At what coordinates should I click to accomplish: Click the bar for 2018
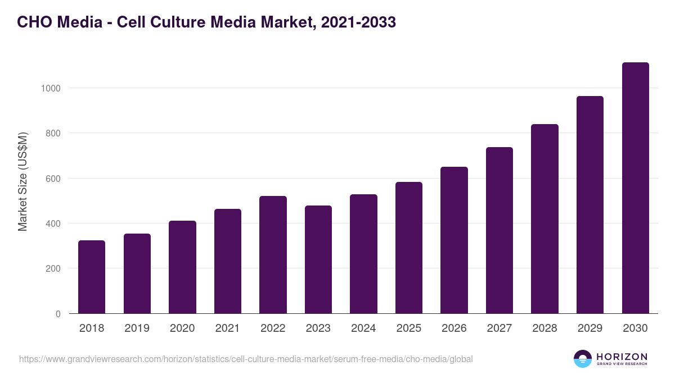click(x=92, y=277)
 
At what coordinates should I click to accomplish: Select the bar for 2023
click(x=318, y=259)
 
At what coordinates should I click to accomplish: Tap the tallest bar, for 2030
click(x=635, y=188)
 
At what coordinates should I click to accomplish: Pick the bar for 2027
click(x=499, y=230)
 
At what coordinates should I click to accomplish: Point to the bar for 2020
click(x=182, y=267)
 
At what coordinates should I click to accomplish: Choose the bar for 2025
click(x=409, y=248)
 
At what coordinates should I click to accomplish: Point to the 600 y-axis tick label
click(x=53, y=179)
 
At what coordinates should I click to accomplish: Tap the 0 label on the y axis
click(x=57, y=314)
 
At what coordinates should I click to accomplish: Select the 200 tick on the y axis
click(x=53, y=269)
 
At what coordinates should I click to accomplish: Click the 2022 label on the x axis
click(x=273, y=328)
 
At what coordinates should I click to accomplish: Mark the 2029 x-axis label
click(x=590, y=328)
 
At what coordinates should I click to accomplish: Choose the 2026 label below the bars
click(x=454, y=328)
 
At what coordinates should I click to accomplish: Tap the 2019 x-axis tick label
click(x=137, y=328)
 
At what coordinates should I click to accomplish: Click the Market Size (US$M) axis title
click(x=22, y=181)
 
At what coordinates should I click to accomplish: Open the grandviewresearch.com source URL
click(x=246, y=359)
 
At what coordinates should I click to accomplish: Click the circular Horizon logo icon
click(x=583, y=359)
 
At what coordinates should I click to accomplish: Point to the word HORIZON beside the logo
click(x=622, y=357)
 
